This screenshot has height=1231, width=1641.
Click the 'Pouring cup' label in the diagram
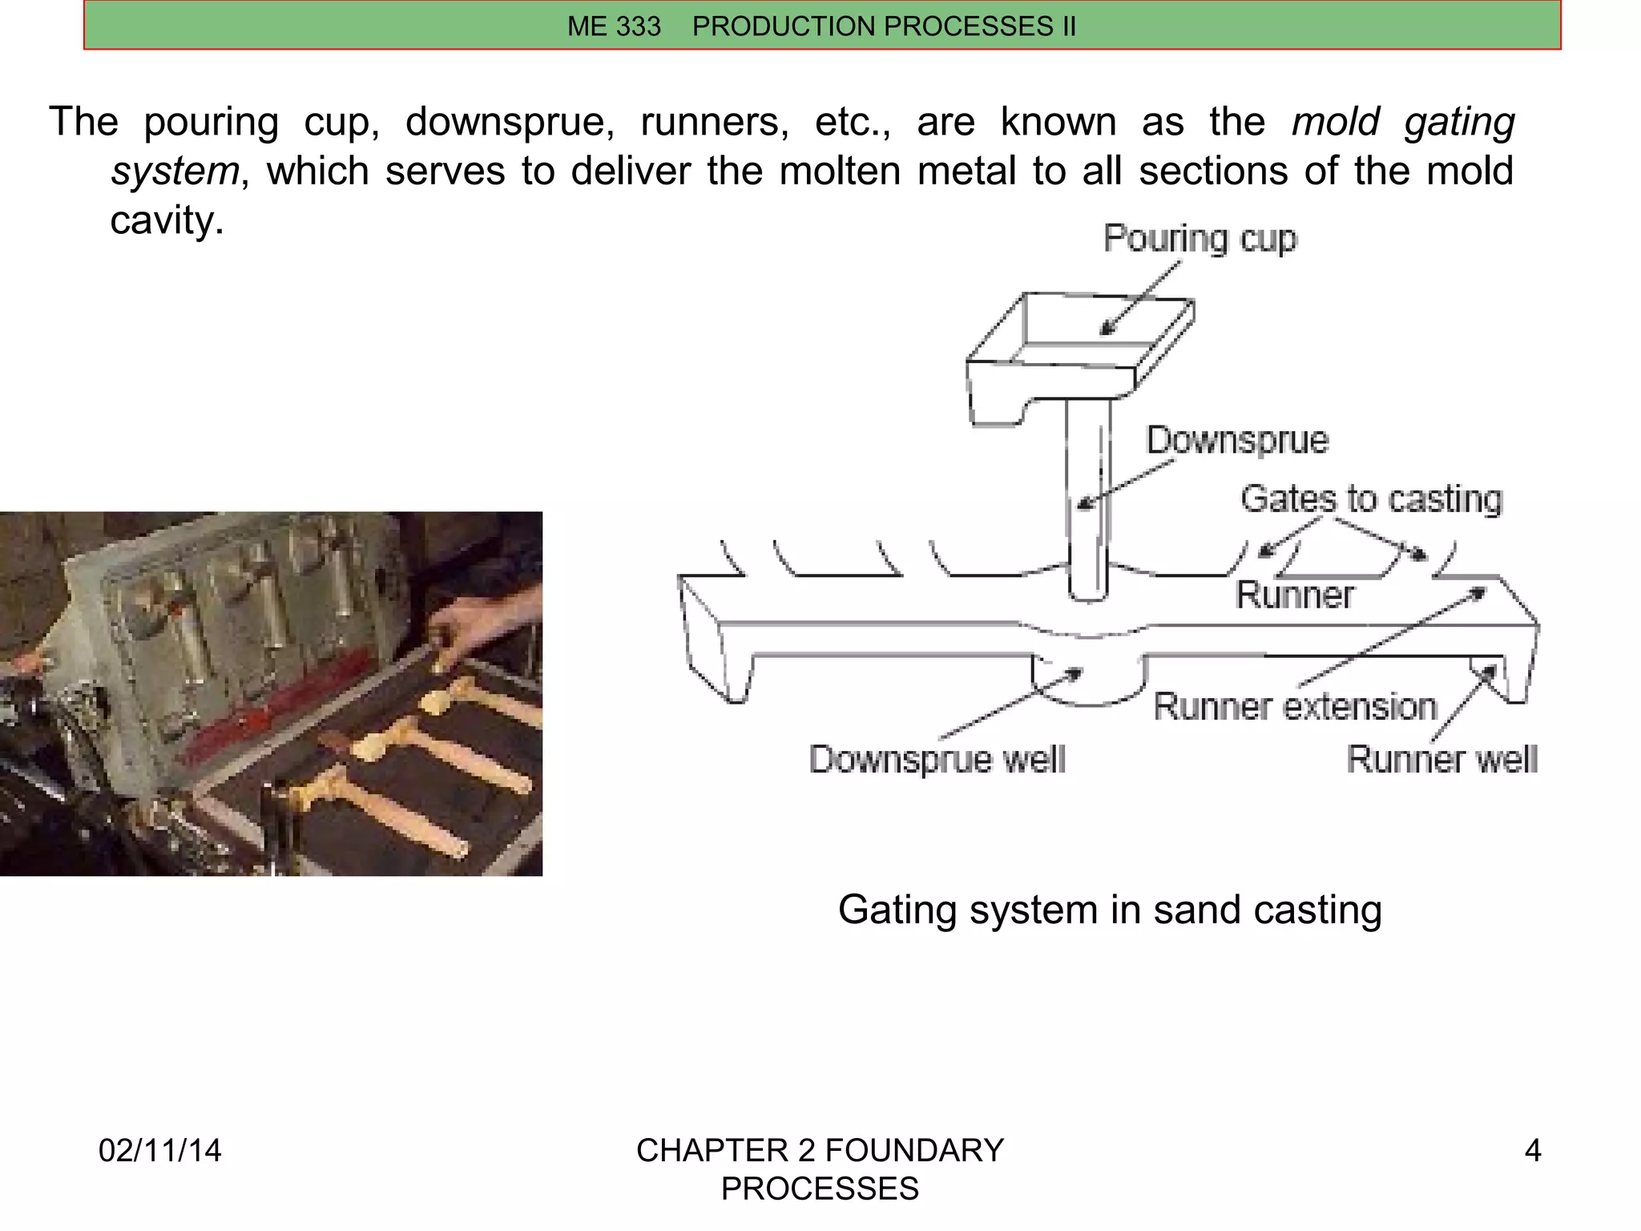[x=1199, y=239]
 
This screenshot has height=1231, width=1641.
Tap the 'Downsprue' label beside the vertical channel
[x=1236, y=440]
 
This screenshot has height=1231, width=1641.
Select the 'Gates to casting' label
[x=1371, y=498]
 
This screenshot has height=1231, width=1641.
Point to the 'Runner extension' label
[x=1295, y=707]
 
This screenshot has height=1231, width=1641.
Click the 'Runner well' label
[x=1441, y=759]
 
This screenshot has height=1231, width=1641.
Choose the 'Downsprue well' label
[x=937, y=759]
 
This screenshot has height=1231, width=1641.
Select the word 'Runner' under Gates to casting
[x=1294, y=595]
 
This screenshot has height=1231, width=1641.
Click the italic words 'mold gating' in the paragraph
[x=1402, y=122]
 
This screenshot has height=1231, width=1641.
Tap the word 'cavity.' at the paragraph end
[x=167, y=220]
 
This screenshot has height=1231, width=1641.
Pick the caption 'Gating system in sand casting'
[x=1110, y=910]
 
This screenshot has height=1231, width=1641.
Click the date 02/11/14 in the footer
[x=159, y=1150]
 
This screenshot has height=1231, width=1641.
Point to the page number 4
[x=1532, y=1150]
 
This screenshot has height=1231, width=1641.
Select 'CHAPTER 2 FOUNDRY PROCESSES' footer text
[x=820, y=1168]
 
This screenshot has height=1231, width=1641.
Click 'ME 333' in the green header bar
[x=614, y=26]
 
